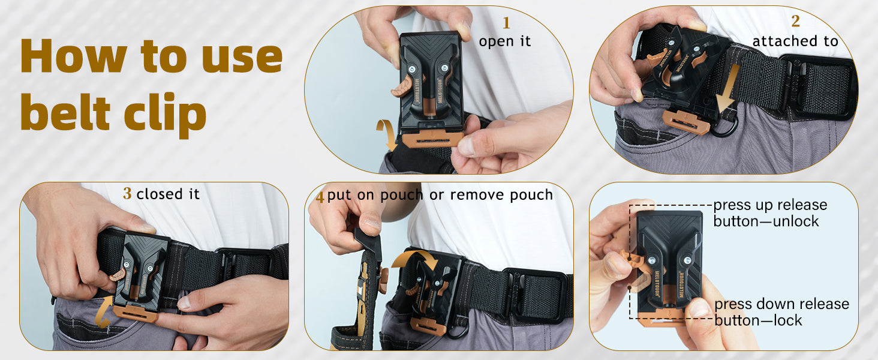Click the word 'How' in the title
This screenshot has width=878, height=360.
(x=74, y=56)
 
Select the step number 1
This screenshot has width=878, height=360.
(x=506, y=23)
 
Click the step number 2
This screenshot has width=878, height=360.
(x=795, y=21)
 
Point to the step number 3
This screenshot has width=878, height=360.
(x=127, y=193)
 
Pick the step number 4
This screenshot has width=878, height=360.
(x=320, y=197)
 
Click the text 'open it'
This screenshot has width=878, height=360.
(x=505, y=41)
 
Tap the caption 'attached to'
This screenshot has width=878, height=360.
(x=795, y=41)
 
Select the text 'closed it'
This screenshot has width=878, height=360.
(x=168, y=194)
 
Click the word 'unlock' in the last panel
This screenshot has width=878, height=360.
(x=796, y=221)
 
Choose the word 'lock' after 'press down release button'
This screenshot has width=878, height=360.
(x=787, y=320)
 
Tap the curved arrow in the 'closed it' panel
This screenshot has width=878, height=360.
(x=101, y=312)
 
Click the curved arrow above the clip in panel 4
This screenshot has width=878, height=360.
(x=416, y=258)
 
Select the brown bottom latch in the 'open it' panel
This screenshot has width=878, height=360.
(x=432, y=139)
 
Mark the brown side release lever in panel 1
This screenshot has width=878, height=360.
(x=401, y=87)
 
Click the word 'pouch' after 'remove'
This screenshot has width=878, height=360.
(x=531, y=195)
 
